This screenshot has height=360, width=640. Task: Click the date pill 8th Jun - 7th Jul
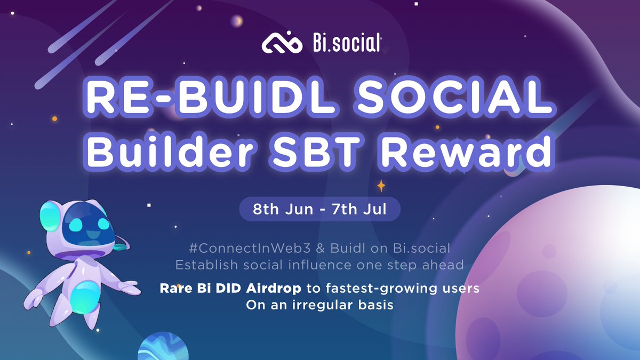tap(319, 209)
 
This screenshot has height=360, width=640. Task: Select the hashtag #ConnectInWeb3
tap(240, 248)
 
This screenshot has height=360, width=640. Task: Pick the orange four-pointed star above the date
tap(381, 186)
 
